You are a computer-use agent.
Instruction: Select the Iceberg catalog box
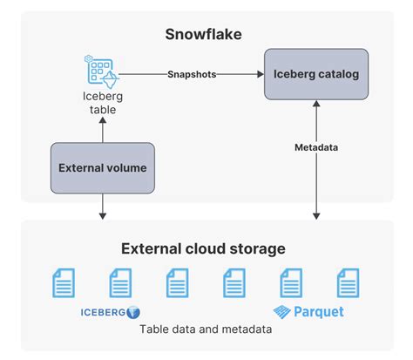point(315,74)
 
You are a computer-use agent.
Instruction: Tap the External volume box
point(103,168)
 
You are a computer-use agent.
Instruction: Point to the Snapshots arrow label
point(193,74)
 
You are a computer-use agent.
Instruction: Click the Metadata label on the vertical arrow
point(316,148)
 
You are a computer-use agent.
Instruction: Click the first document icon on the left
point(64,283)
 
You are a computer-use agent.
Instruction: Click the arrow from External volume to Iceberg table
point(103,131)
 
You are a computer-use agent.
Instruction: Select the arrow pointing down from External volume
point(103,206)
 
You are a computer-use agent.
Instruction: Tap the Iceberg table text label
point(102,103)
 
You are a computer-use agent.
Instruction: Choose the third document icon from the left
point(178,283)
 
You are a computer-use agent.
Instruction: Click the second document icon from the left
point(121,283)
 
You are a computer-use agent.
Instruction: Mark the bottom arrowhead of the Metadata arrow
point(316,214)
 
